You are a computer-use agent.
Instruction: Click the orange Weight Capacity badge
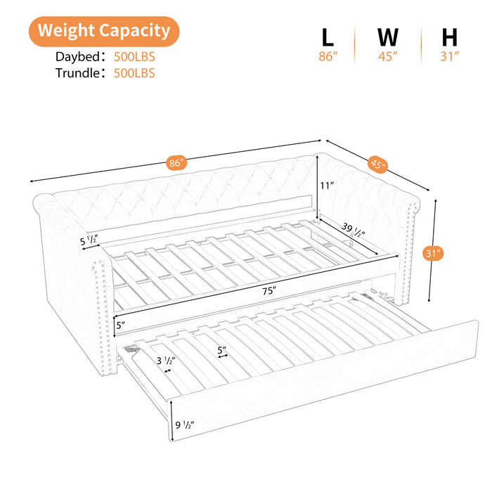point(104,32)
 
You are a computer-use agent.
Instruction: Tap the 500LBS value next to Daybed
point(134,57)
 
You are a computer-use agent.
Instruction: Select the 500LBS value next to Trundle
point(134,73)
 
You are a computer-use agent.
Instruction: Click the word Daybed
point(77,57)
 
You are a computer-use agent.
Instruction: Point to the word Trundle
point(77,73)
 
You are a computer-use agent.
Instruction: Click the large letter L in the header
point(328,37)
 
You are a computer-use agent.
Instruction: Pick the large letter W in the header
point(388,37)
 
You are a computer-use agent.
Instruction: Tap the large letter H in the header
point(449,37)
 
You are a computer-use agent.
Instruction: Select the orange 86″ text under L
point(328,56)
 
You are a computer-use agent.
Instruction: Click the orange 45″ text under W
point(388,56)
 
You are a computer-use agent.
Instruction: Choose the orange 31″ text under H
point(450,56)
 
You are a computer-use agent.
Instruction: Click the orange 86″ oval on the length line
point(176,162)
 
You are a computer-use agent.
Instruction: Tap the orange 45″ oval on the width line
point(378,164)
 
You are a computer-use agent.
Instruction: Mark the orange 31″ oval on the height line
point(433,253)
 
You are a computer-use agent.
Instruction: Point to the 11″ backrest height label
point(327,186)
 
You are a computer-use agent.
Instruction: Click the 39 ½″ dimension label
point(354,230)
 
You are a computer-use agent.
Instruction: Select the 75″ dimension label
point(269,291)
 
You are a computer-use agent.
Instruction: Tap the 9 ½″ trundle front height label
point(184,425)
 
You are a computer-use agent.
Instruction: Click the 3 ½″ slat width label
point(166,361)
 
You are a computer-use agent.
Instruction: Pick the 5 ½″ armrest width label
point(89,240)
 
